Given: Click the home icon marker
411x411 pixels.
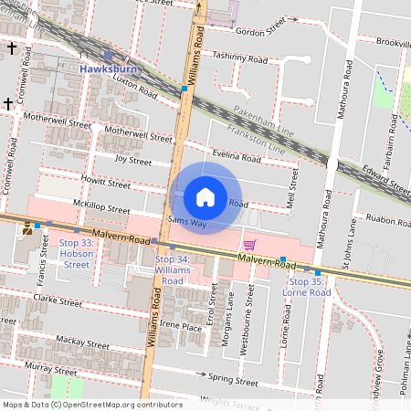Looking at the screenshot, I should [x=205, y=197].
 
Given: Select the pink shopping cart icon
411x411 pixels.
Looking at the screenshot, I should [x=249, y=244].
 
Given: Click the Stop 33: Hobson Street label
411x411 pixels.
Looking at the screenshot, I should [x=75, y=253].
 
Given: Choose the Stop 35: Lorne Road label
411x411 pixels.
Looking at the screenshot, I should [x=309, y=287].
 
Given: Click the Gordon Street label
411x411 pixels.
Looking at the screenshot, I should [x=260, y=31].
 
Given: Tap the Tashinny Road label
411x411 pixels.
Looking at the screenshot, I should [x=239, y=57].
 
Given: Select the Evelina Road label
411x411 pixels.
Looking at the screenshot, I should [x=236, y=157].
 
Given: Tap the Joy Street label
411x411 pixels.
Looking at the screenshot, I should [x=132, y=160].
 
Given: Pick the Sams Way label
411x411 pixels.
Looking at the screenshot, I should [x=187, y=222].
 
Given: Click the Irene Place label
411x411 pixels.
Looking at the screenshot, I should [x=180, y=326].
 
